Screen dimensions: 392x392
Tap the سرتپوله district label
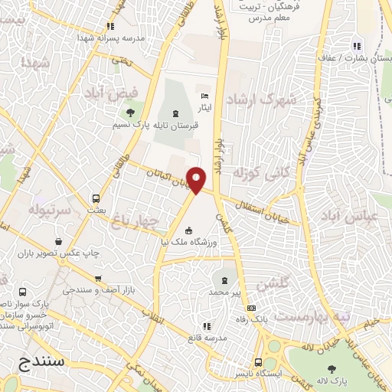click(x=50, y=209)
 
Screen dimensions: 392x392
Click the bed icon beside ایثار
click(x=203, y=95)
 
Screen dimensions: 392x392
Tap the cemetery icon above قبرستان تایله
click(x=176, y=113)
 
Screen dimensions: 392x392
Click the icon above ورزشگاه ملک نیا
click(x=189, y=230)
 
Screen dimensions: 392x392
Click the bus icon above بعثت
click(x=96, y=197)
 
